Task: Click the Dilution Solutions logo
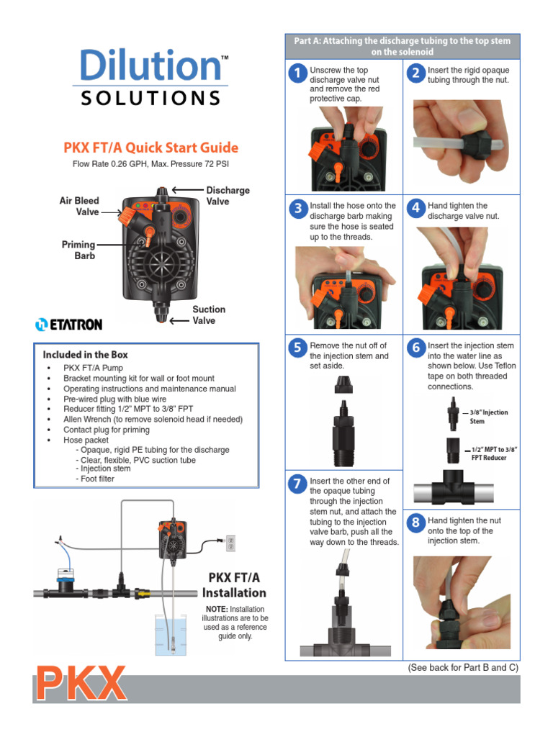(154, 76)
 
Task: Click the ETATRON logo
(69, 325)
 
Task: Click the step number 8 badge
(415, 523)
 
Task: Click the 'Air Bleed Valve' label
(79, 207)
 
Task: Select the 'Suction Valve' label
(209, 315)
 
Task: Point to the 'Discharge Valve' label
(228, 196)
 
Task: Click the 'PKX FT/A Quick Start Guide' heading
(151, 148)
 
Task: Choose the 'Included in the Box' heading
(85, 355)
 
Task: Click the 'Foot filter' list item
(97, 479)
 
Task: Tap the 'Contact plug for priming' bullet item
(107, 430)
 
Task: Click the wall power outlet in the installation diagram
(230, 543)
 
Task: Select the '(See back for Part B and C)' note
(463, 667)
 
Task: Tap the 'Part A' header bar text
(402, 46)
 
